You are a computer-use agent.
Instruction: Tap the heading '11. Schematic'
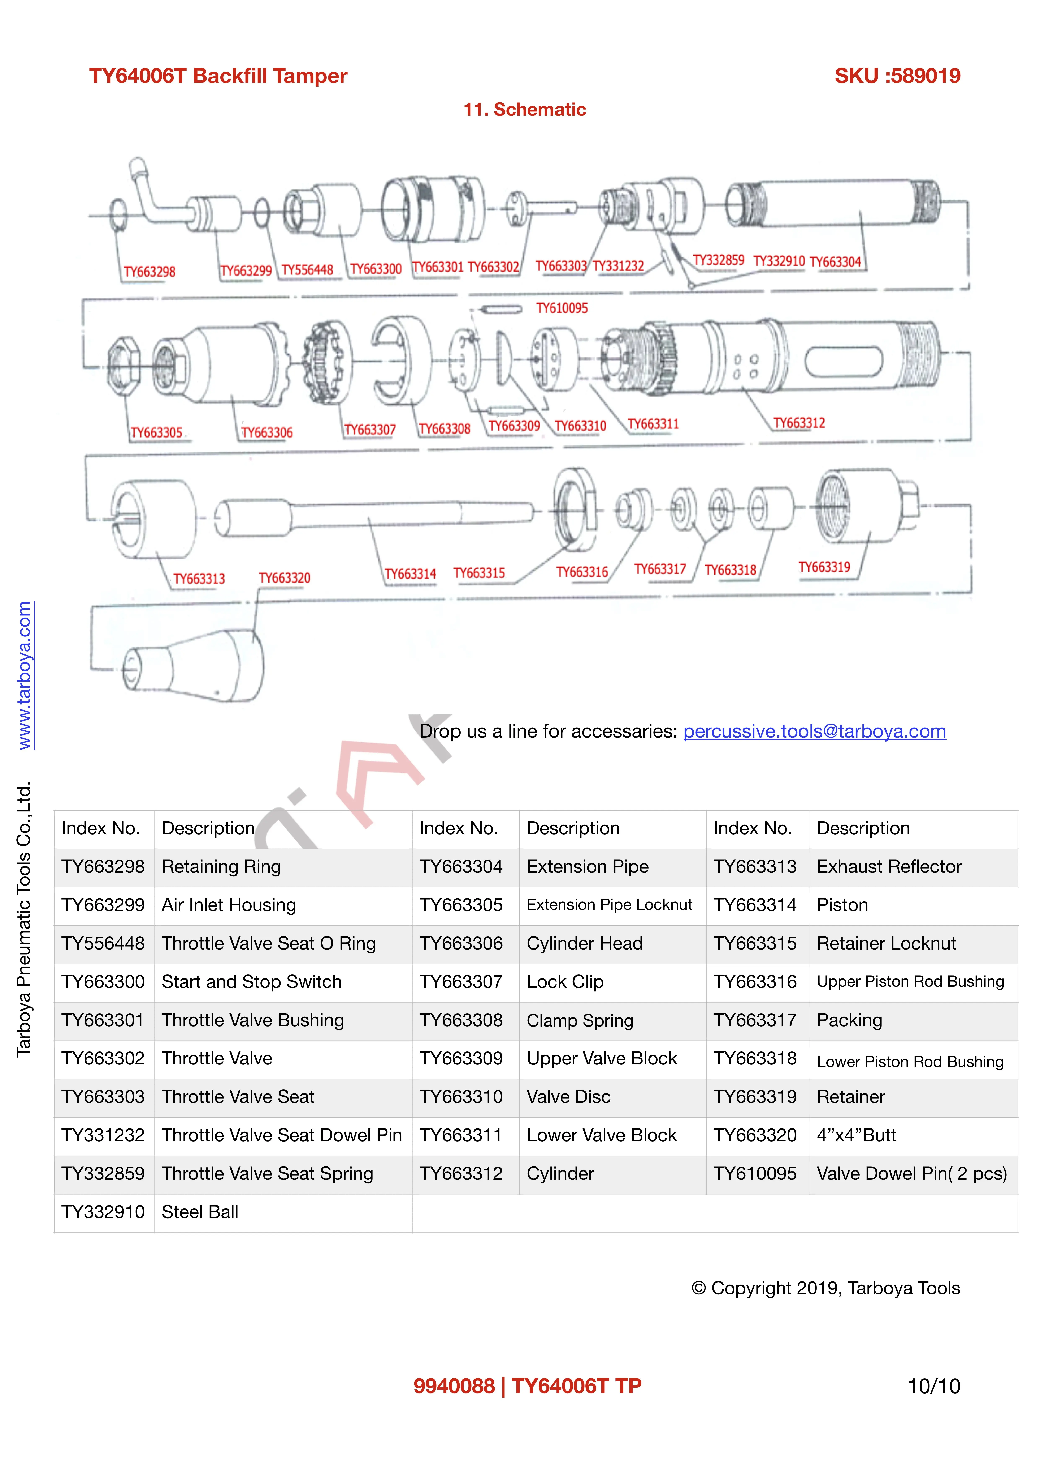click(524, 110)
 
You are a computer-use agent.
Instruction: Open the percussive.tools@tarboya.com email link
click(814, 731)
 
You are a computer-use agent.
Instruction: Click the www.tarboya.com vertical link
click(24, 675)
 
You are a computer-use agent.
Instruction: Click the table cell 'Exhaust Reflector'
click(889, 867)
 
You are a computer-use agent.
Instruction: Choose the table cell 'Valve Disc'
click(568, 1097)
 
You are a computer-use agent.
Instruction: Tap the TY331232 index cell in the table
click(103, 1135)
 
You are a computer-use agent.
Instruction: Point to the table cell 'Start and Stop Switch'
click(251, 982)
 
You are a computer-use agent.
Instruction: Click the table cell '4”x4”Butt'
click(856, 1135)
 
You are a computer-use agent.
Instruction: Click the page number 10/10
click(933, 1386)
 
